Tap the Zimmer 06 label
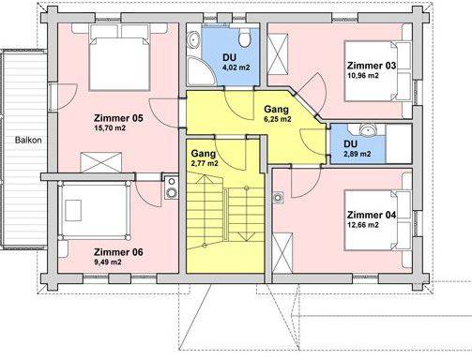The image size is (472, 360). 117,251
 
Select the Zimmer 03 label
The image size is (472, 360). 371,65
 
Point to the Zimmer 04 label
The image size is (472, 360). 371,215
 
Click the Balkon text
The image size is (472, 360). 26,140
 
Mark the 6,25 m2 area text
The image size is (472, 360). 276,120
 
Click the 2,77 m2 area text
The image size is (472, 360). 206,163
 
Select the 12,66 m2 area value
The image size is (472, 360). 364,225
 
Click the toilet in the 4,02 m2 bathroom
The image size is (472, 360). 243,37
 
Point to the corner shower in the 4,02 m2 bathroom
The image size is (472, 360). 201,69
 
